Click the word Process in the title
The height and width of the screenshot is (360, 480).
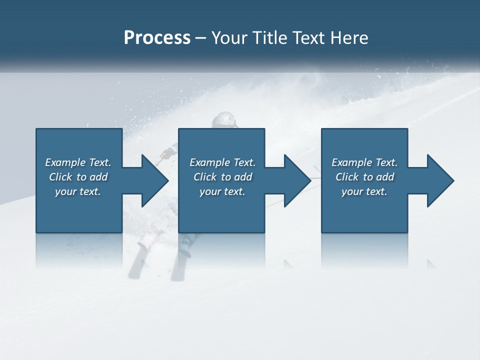coord(157,38)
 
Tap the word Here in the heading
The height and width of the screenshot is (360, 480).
coord(349,38)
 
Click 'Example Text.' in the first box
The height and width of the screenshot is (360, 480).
coord(78,162)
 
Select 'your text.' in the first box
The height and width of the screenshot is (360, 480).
coord(78,191)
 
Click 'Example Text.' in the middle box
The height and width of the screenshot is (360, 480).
coord(222,162)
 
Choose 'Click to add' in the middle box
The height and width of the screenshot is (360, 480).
coord(222,177)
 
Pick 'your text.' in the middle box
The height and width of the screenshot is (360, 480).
coord(222,191)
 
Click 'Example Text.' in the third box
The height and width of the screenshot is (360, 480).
coord(364,162)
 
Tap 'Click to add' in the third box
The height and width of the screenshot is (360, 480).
coord(364,177)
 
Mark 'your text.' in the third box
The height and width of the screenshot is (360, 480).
coord(364,191)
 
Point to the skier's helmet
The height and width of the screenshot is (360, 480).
coord(223,120)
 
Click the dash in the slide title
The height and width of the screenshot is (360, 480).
coord(201,38)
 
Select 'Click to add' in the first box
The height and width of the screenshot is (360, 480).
coord(78,177)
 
